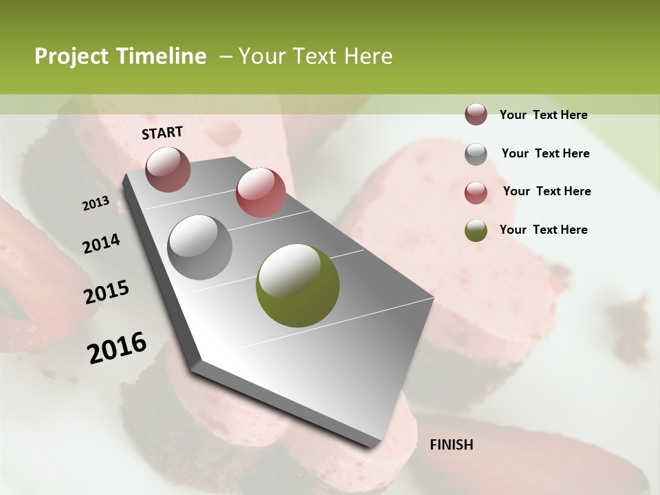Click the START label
point(162,133)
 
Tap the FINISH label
point(451,445)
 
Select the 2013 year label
point(96,203)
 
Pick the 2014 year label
point(101,244)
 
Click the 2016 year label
point(117,348)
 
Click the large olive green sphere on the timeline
point(297,285)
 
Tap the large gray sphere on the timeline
point(199,247)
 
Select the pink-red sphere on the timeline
point(260,192)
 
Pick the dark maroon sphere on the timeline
point(168,169)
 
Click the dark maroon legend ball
point(476,115)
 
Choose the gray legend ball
point(476,153)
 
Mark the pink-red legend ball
point(476,192)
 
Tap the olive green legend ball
point(476,230)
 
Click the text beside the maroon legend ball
point(543,115)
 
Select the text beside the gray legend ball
point(545,153)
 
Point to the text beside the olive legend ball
point(543,230)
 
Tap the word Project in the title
point(71,56)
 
